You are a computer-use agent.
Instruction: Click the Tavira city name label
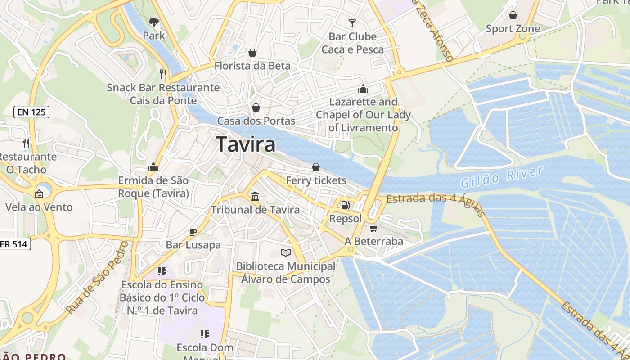pos(246,144)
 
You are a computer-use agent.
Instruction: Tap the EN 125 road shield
pos(31,112)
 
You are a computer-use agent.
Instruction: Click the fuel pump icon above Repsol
pos(345,205)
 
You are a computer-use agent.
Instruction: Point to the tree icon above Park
pos(154,22)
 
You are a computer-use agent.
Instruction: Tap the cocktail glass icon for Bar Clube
pos(352,23)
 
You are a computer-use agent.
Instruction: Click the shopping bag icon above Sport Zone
pos(513,16)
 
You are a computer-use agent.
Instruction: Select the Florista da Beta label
pos(252,66)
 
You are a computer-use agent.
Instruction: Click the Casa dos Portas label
pos(256,121)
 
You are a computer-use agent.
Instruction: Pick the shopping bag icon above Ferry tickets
pos(316,167)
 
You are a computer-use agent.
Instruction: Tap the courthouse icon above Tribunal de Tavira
pos(255,196)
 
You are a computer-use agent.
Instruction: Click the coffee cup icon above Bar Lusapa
pos(193,232)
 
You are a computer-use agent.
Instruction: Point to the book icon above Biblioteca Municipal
pos(286,252)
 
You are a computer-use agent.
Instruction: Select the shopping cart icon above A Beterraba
pos(373,228)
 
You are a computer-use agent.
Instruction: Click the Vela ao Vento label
pos(39,207)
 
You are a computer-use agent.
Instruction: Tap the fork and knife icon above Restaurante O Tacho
pos(26,144)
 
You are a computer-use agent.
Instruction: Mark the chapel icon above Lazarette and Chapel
pos(363,89)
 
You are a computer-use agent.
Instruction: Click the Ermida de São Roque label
pos(153,187)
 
